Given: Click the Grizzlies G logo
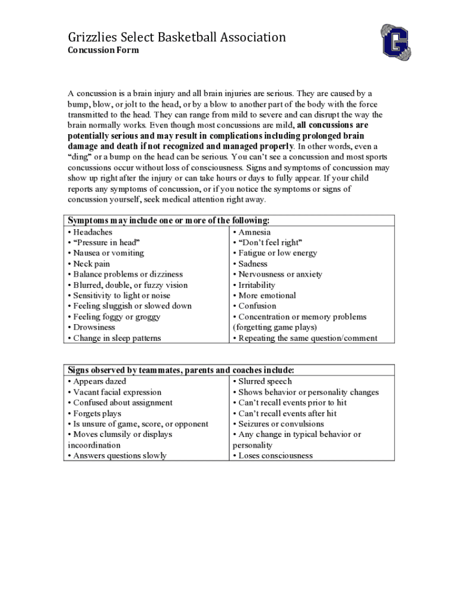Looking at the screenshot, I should click(x=396, y=43).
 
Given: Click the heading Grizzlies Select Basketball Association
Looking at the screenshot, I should click(x=176, y=37).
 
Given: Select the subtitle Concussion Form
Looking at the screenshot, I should click(x=103, y=50).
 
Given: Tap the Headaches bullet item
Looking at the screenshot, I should click(x=92, y=232).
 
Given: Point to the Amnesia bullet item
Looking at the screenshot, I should click(x=254, y=232).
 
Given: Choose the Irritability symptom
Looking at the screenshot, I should click(x=256, y=285).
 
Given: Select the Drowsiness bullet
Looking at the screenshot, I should click(x=94, y=327).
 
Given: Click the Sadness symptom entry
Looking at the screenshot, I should click(x=253, y=264).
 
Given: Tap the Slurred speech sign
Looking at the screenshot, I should click(x=265, y=381).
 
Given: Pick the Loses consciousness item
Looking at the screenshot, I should click(x=275, y=455).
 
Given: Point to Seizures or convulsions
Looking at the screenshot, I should click(x=281, y=424).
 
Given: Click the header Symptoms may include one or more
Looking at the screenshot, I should click(x=169, y=221).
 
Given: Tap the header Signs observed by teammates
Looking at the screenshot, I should click(x=180, y=370).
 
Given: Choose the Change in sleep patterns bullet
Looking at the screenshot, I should click(x=117, y=338).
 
